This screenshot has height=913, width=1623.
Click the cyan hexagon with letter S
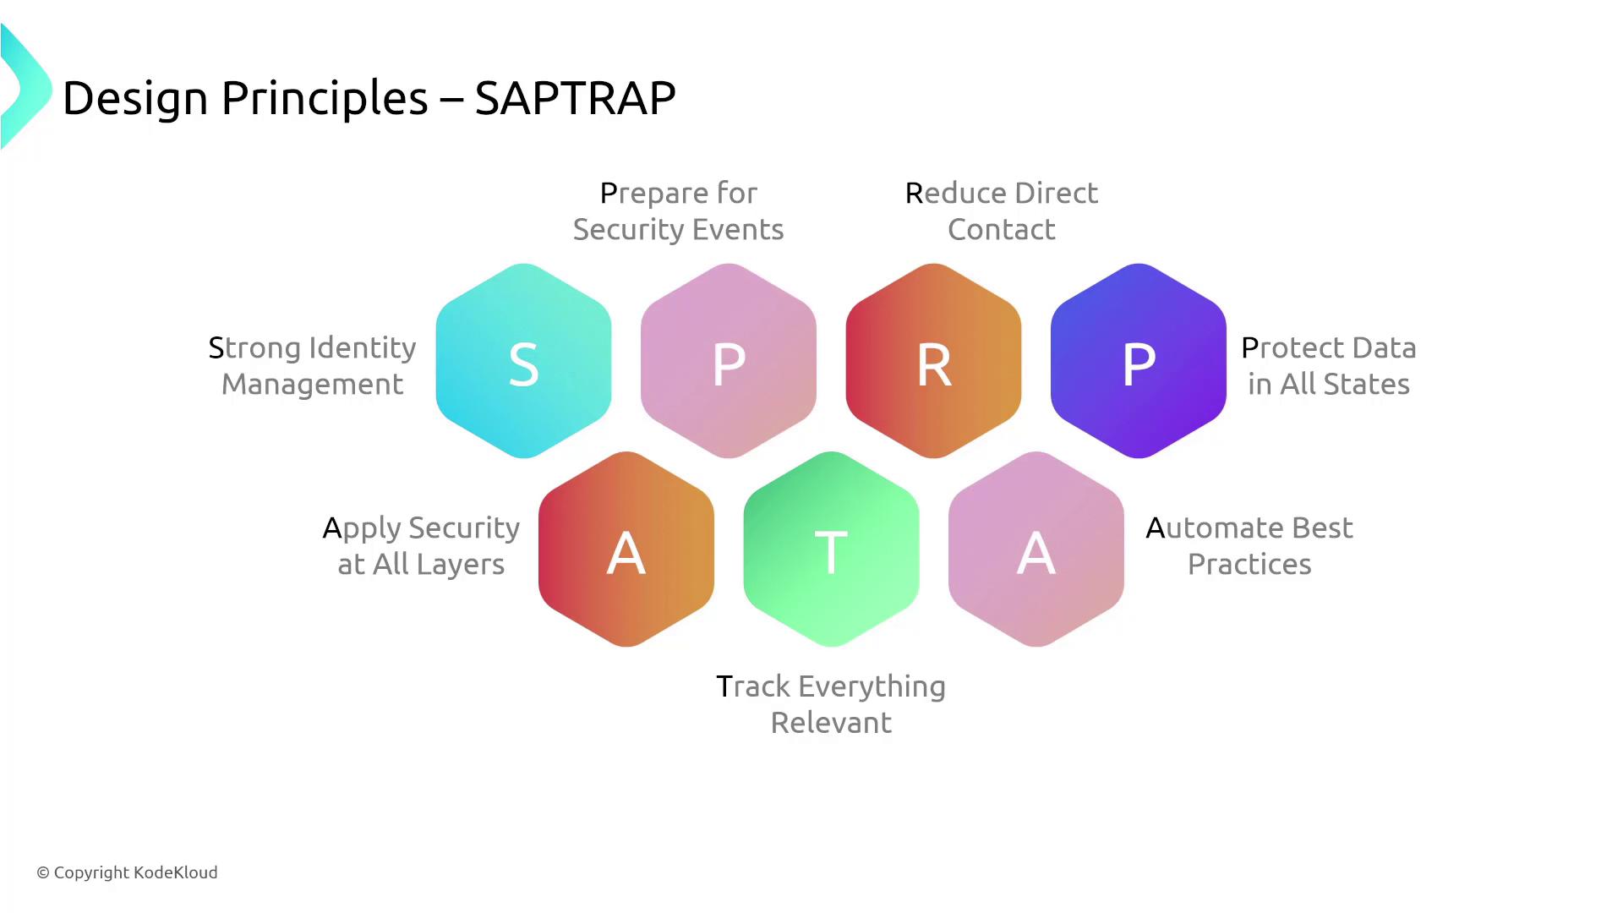coord(523,361)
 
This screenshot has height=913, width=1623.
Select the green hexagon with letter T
coord(831,549)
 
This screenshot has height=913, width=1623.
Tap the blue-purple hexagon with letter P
coord(1139,361)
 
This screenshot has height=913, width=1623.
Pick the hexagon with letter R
coord(933,361)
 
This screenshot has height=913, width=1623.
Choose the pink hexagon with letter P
coord(729,361)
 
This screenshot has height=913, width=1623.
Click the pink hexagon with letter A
coord(1036,549)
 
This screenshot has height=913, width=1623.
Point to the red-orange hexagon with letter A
coord(626,549)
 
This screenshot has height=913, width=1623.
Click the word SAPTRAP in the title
coord(575,98)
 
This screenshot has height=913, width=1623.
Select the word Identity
coord(363,349)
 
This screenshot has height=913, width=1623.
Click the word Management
coord(313,385)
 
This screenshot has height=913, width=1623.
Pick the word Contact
coord(1002,229)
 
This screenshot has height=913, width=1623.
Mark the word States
coord(1367,384)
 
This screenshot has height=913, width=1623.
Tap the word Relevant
coord(831,723)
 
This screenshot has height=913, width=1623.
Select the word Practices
coord(1249,564)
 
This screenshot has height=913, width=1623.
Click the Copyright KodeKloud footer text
coord(127,872)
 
